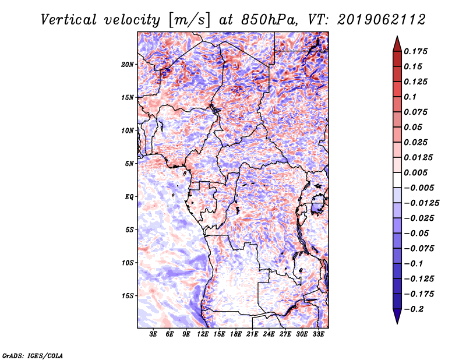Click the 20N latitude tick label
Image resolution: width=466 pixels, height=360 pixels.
click(128, 65)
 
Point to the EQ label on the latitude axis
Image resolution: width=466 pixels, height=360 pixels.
click(129, 197)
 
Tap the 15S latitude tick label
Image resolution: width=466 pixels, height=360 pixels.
click(128, 296)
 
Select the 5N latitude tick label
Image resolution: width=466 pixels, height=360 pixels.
click(129, 164)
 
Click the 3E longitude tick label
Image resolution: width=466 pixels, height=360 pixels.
click(153, 334)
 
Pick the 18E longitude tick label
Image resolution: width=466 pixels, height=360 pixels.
click(236, 334)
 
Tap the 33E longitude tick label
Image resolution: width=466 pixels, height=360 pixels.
click(318, 334)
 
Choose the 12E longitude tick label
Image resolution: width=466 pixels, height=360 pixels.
click(203, 334)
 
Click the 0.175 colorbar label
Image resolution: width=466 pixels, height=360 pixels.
click(415, 51)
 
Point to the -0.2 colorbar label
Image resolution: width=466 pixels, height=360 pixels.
click(414, 309)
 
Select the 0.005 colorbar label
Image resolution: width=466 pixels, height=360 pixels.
click(415, 172)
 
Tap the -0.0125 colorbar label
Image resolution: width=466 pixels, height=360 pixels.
click(421, 203)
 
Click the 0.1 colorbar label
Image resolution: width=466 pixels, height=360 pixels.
click(410, 97)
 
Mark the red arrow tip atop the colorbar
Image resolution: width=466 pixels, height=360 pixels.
click(397, 36)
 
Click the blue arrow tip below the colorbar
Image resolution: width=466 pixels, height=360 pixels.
click(397, 323)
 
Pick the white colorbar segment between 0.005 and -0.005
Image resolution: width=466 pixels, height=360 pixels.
click(397, 180)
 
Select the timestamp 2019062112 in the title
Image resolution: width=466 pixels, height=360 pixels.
click(382, 20)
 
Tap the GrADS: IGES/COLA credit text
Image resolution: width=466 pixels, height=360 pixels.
click(33, 355)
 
